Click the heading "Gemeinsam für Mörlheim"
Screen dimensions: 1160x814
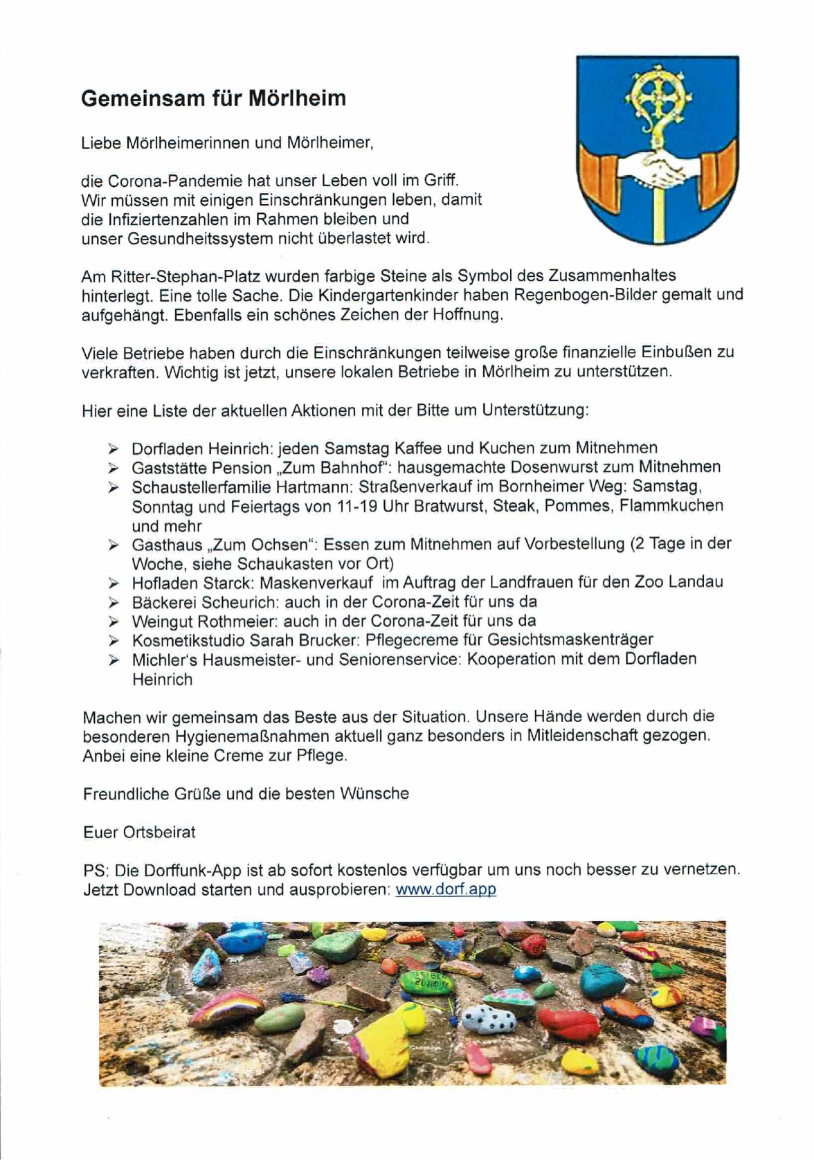(x=213, y=98)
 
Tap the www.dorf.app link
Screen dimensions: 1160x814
(x=445, y=889)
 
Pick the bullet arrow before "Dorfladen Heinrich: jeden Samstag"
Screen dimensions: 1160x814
(x=114, y=448)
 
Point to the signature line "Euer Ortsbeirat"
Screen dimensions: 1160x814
(x=139, y=832)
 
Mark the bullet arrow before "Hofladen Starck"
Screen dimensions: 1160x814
(x=114, y=583)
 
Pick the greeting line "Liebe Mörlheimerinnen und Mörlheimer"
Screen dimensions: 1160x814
(x=227, y=143)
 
